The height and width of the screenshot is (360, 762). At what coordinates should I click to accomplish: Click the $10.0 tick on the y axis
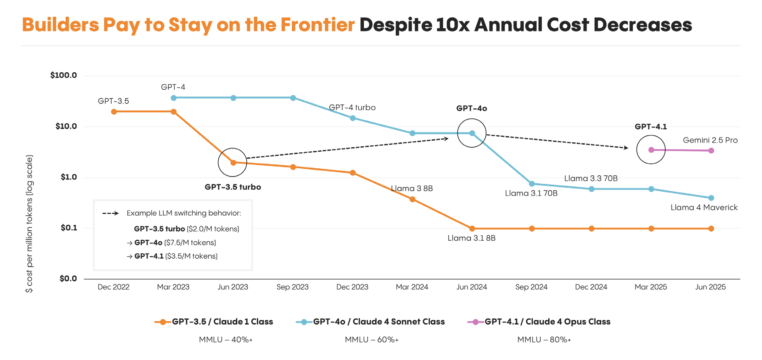(x=66, y=126)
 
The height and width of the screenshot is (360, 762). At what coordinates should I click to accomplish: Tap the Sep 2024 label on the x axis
(x=531, y=287)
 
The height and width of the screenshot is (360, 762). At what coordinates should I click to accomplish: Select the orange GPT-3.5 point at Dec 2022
(x=114, y=112)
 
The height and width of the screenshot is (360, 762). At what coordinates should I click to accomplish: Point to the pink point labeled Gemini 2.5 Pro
(x=711, y=151)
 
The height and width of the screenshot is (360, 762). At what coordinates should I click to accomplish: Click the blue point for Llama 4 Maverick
(x=711, y=198)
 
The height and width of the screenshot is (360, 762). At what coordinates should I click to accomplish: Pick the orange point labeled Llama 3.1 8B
(x=472, y=229)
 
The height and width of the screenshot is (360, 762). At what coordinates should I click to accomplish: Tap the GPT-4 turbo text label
(x=352, y=107)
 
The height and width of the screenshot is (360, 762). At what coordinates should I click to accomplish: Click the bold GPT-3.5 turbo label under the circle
(x=232, y=187)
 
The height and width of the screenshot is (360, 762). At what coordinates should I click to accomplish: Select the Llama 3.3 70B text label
(x=591, y=178)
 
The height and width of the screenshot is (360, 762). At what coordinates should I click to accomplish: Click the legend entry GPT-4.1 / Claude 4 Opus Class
(x=547, y=322)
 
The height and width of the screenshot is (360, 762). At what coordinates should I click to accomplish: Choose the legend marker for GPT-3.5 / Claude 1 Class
(x=162, y=322)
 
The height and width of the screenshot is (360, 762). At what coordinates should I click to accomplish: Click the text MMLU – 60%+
(x=371, y=340)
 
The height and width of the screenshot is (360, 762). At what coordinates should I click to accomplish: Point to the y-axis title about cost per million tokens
(x=29, y=223)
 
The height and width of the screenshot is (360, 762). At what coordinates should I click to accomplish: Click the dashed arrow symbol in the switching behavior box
(x=110, y=213)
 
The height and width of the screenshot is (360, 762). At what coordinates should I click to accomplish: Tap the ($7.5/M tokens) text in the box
(x=190, y=243)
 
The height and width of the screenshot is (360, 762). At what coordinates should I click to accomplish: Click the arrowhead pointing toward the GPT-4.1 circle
(x=626, y=148)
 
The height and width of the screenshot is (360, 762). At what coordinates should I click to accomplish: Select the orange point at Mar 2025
(x=651, y=229)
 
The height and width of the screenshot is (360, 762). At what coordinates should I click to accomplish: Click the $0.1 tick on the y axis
(x=69, y=228)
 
